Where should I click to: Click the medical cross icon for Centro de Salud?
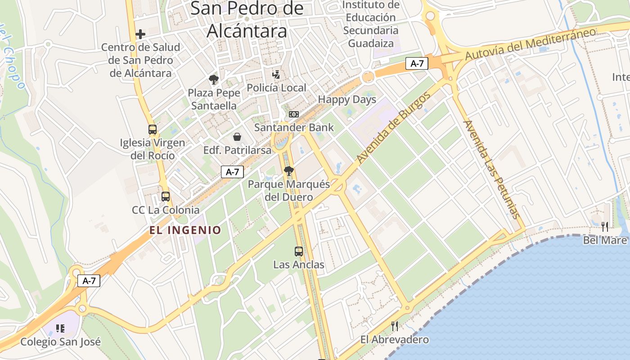coord(140,34)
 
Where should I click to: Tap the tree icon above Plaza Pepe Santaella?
coord(214,80)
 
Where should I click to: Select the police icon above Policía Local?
coord(276,74)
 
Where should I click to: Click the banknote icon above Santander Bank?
coord(294,114)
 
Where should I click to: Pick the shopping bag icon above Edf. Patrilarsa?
coord(237,137)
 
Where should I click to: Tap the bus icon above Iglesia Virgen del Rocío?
coord(153,130)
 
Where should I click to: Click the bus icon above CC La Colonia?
coord(166,197)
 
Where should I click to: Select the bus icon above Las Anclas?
coord(299,252)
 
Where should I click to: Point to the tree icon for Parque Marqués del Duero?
coord(289,171)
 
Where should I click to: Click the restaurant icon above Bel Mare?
coord(605,227)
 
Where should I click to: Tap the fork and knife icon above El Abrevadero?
coord(395,326)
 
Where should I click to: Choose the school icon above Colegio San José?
coord(60,328)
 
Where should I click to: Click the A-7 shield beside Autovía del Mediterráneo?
coord(417,63)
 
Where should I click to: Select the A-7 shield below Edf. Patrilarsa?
coord(232,171)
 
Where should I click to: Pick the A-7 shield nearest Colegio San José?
coord(89,281)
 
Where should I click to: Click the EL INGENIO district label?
coord(185,230)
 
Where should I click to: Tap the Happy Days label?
coord(347,99)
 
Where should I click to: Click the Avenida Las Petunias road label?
coord(492,169)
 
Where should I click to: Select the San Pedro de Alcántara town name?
coord(247,20)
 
